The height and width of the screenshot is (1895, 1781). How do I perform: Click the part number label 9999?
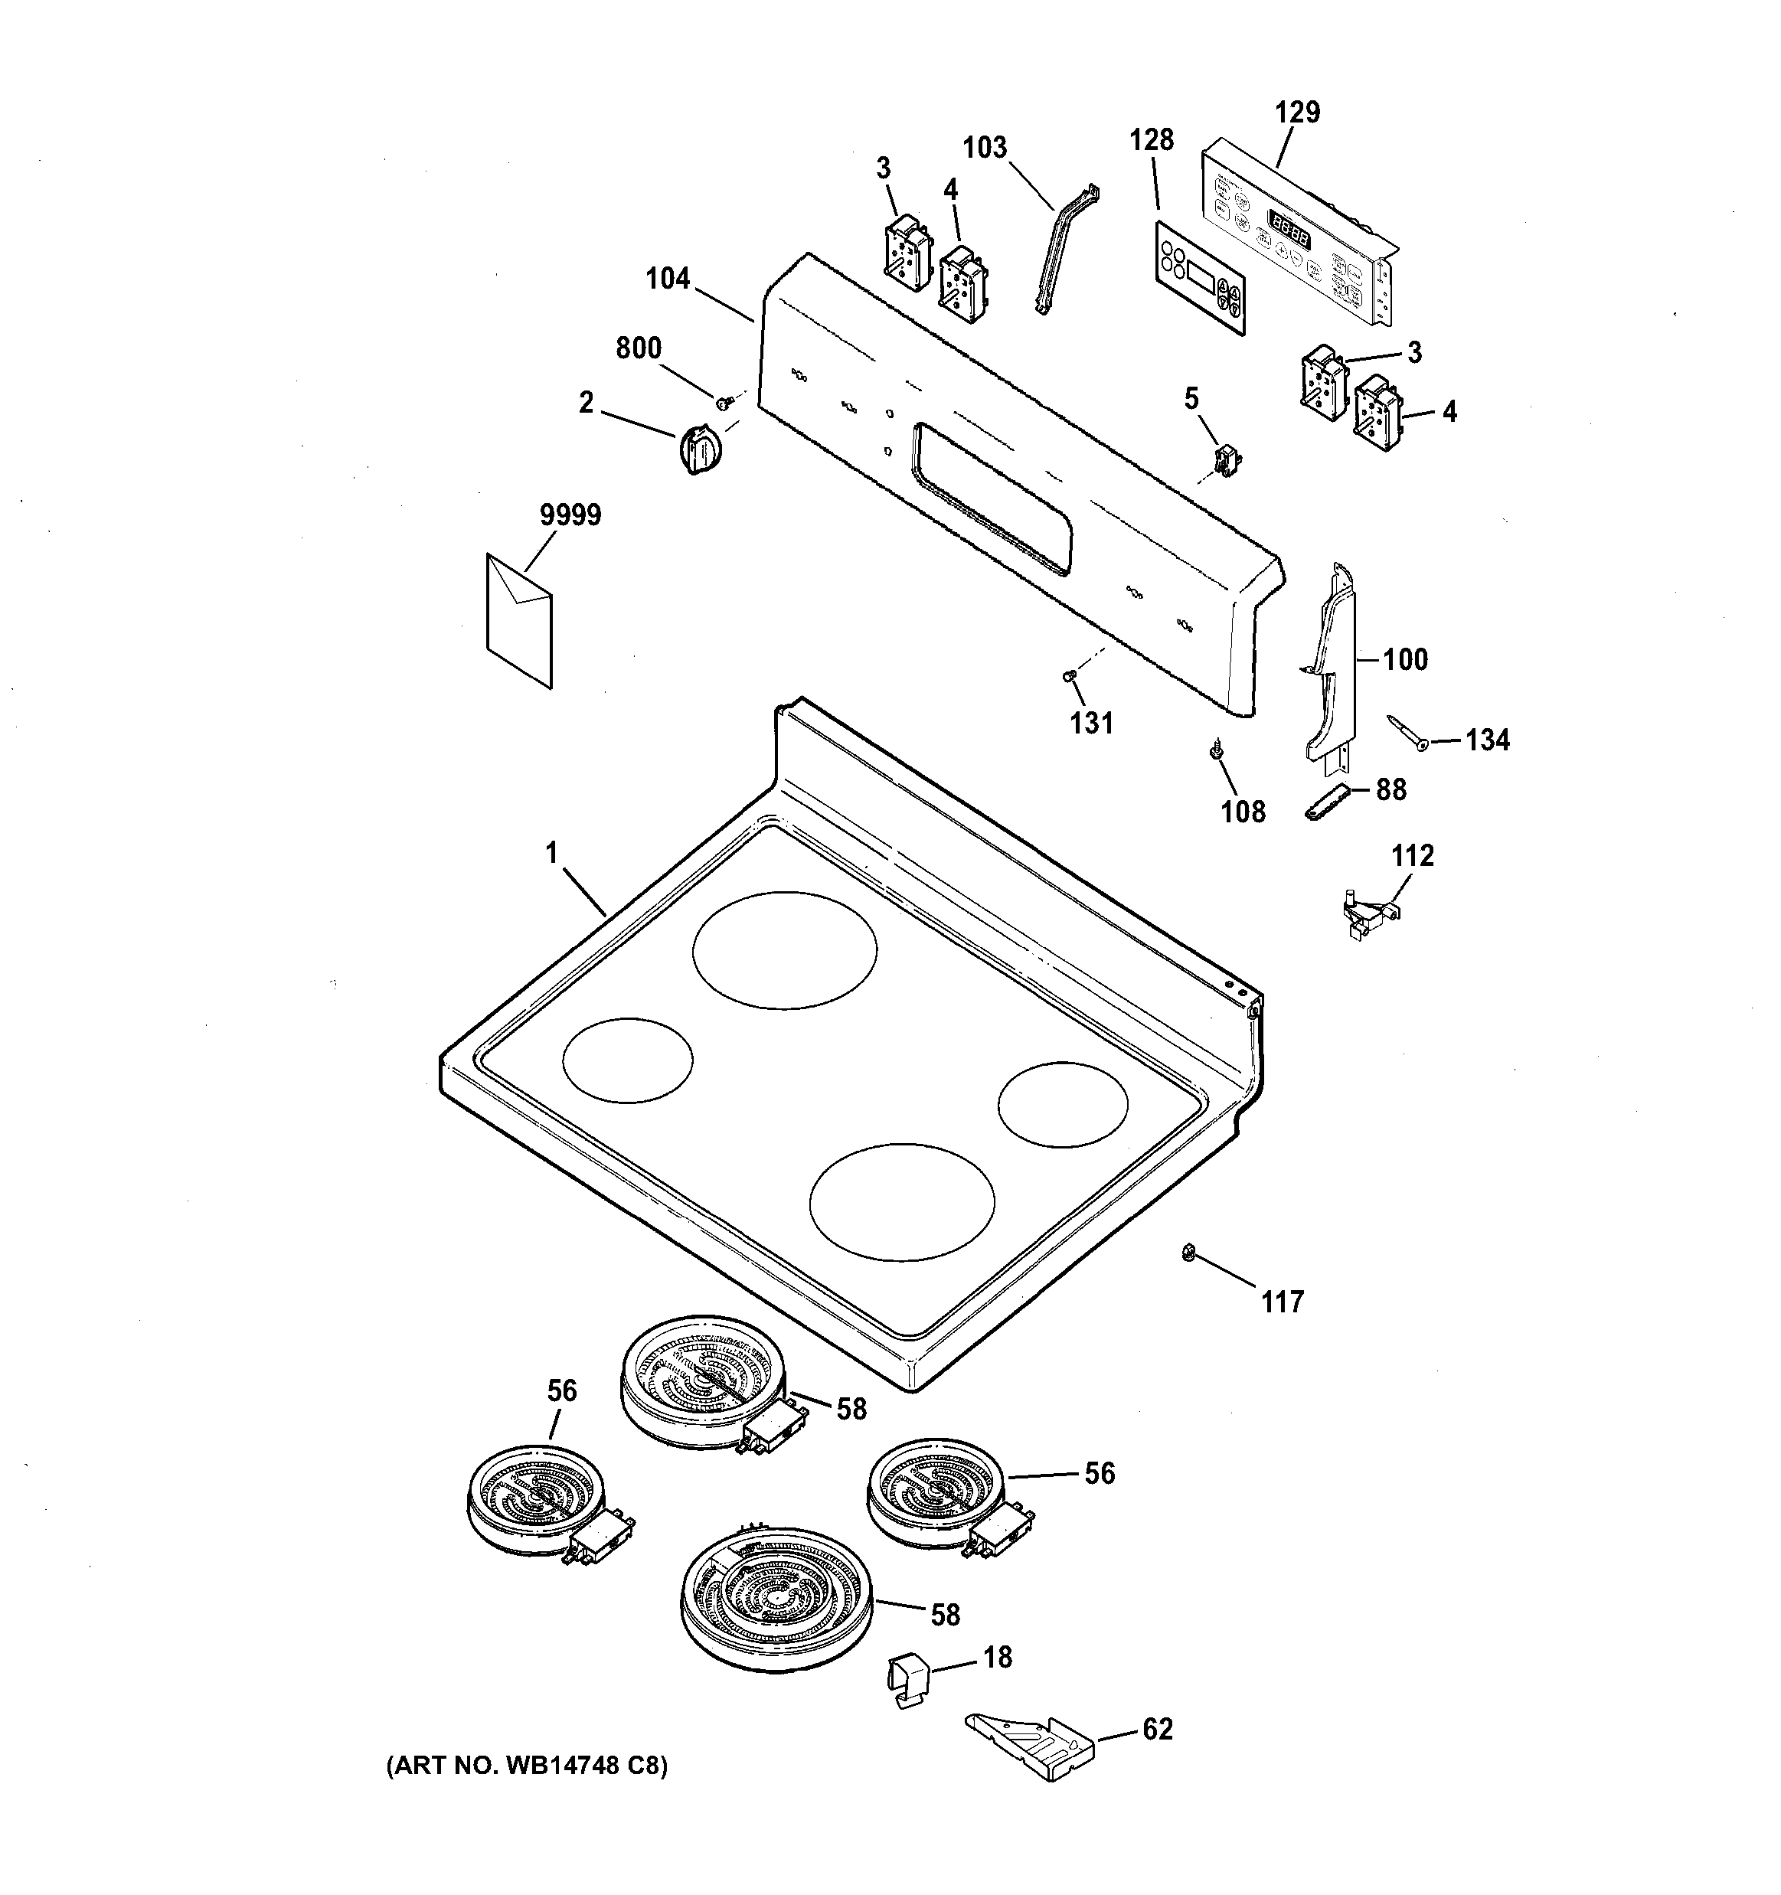(570, 516)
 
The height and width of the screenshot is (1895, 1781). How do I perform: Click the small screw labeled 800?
(724, 404)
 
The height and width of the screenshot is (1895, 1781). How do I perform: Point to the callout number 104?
(668, 279)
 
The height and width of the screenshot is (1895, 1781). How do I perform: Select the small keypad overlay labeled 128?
(1199, 279)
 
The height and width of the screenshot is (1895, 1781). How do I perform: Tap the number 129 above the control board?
(1298, 113)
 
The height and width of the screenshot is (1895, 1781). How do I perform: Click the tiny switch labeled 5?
(1224, 459)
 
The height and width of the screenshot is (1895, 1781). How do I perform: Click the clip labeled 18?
(909, 1682)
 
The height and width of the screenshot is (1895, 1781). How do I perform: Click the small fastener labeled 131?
(1069, 676)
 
